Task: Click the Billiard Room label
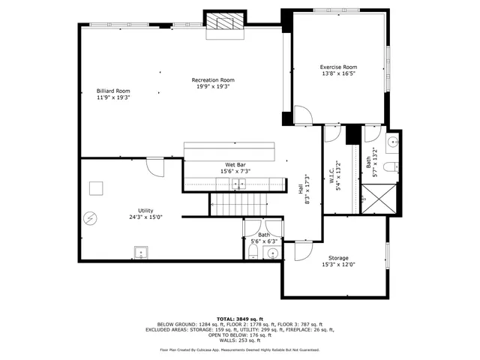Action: click(x=113, y=91)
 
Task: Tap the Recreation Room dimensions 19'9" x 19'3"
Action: click(x=213, y=86)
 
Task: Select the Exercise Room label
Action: click(x=338, y=67)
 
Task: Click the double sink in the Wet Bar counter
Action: click(x=239, y=182)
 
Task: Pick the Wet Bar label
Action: click(x=235, y=165)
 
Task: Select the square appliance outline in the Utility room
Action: click(x=97, y=188)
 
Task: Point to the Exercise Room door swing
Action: click(x=301, y=116)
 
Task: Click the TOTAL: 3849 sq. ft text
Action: click(x=240, y=319)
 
